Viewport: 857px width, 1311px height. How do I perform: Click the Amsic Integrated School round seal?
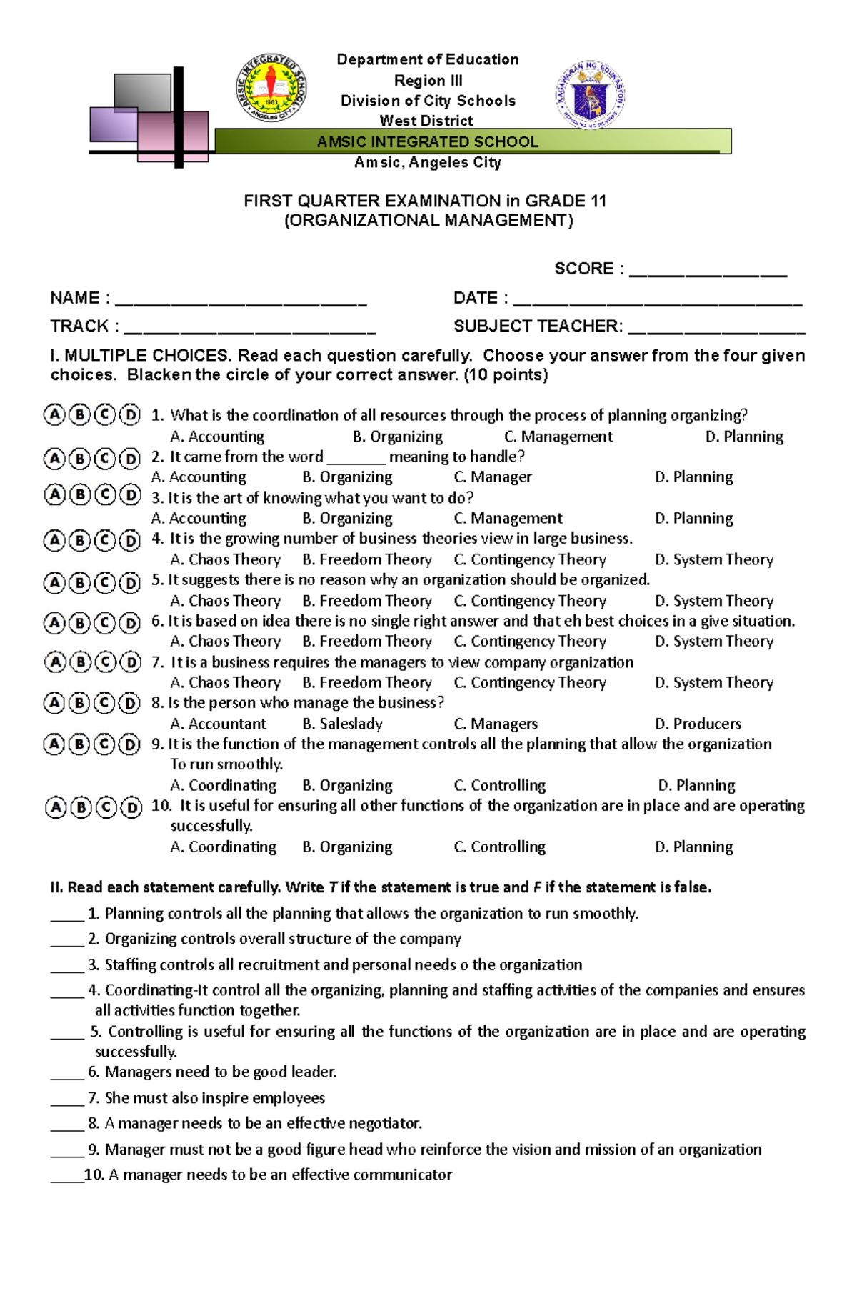[x=271, y=87]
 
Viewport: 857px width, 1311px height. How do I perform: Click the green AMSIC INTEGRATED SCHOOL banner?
[x=472, y=141]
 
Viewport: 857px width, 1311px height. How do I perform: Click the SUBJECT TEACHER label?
[x=538, y=326]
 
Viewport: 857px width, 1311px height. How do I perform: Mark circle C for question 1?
[x=104, y=414]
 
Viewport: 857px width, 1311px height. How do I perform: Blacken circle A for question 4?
[x=54, y=541]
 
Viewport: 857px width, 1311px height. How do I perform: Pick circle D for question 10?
[x=131, y=808]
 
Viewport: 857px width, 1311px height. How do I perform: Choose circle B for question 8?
[x=80, y=704]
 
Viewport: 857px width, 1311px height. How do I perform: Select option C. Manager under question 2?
[x=493, y=477]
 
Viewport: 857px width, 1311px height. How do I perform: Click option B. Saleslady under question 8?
[x=342, y=724]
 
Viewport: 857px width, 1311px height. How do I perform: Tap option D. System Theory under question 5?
[x=714, y=601]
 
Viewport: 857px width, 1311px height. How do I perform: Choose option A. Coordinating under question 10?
[x=224, y=847]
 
